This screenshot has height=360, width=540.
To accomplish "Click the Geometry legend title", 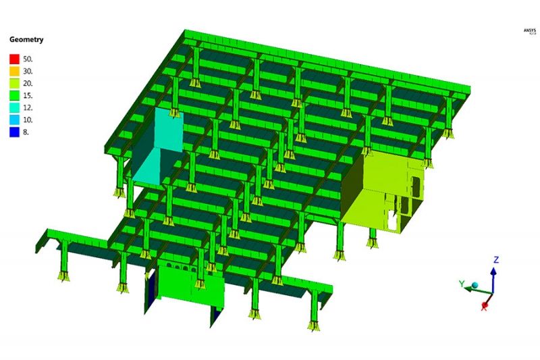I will pyautogui.click(x=26, y=40).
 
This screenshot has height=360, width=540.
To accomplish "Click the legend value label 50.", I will pyautogui.click(x=28, y=59).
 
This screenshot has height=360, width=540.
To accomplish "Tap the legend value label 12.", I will pyautogui.click(x=28, y=107).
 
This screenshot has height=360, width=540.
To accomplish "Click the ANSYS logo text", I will pyautogui.click(x=528, y=30).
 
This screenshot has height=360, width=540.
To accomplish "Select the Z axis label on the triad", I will pyautogui.click(x=495, y=259).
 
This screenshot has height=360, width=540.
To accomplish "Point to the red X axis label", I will pyautogui.click(x=485, y=307).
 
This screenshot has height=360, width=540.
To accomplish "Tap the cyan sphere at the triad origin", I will pyautogui.click(x=475, y=286).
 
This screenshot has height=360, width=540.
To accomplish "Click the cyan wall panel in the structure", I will pyautogui.click(x=162, y=145).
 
